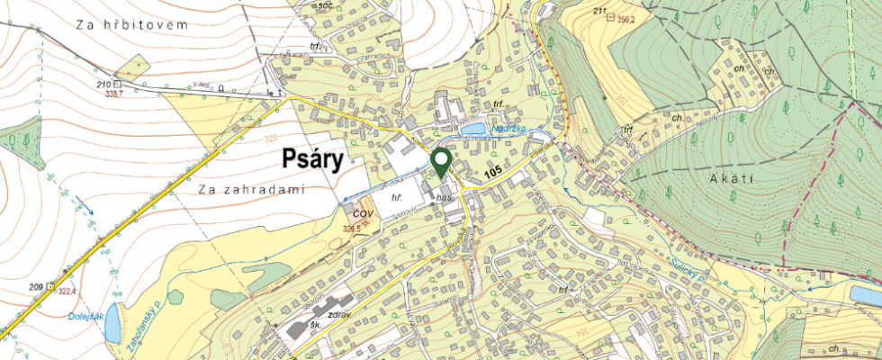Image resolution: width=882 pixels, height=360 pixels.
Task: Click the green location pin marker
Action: coord(441,163)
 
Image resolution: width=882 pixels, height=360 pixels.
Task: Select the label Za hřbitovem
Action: coord(132,25)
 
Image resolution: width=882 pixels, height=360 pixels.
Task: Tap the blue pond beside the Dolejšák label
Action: coord(112,328)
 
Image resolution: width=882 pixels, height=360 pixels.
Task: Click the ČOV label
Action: coord(363,213)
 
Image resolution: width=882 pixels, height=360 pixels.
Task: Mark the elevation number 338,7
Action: coord(114,94)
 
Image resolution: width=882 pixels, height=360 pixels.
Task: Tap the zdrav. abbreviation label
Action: coord(341,315)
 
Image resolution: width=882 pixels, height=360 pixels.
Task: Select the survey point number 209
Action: coord(36,287)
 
